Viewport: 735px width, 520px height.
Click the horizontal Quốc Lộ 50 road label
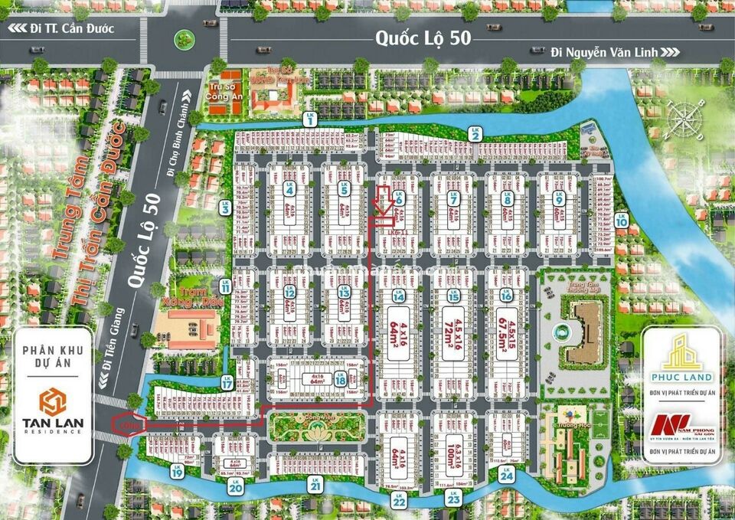click(422, 38)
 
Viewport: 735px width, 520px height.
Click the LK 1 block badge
click(310, 119)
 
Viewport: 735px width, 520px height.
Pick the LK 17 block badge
click(227, 382)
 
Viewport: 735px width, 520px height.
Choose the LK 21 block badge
click(314, 482)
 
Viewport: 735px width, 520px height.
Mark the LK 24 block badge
click(505, 475)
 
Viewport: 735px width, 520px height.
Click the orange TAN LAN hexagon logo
click(53, 401)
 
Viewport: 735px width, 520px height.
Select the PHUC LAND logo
click(679, 359)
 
